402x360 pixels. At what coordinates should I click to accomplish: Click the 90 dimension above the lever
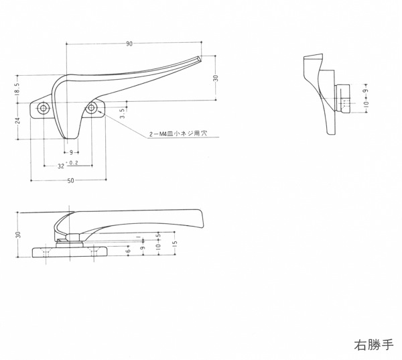pos(128,44)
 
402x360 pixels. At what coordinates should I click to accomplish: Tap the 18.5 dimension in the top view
pos(17,88)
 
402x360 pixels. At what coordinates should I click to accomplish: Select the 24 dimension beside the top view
pos(17,121)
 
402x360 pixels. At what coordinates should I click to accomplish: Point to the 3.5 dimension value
pos(122,112)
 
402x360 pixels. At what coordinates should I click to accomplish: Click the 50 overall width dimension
pos(70,181)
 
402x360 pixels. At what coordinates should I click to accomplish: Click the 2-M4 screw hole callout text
pos(178,134)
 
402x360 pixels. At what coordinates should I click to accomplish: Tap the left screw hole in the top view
pos(44,108)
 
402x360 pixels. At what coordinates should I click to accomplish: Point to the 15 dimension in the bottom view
pos(174,244)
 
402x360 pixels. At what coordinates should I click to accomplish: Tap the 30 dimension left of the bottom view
pos(18,234)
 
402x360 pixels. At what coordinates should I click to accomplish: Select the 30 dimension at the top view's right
pos(216,78)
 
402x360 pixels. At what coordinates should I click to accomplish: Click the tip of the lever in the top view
pos(198,60)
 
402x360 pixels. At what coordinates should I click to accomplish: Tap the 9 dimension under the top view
pos(71,152)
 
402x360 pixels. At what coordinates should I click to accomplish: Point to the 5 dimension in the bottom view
pos(158,236)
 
